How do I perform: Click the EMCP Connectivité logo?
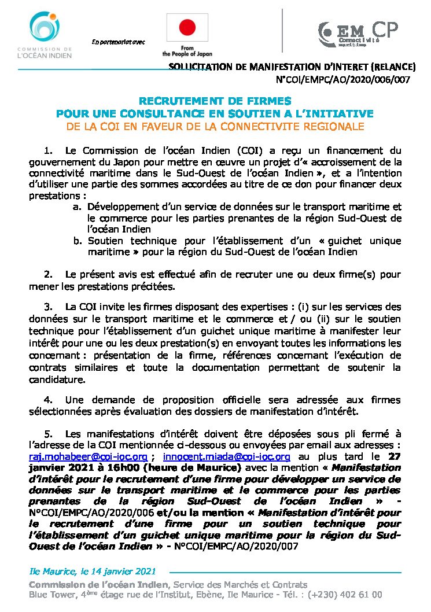pyautogui.click(x=358, y=34)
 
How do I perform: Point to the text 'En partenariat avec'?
pyautogui.click(x=118, y=42)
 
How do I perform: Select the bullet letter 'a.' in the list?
pyautogui.click(x=77, y=207)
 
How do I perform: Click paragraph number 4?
pyautogui.click(x=48, y=400)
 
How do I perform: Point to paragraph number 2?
pyautogui.click(x=48, y=274)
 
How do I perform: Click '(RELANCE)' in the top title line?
pyautogui.click(x=393, y=67)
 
